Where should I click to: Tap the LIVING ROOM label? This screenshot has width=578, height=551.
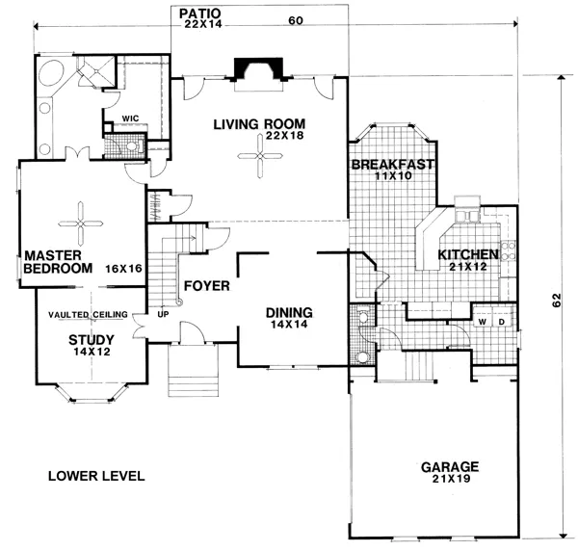point(259,124)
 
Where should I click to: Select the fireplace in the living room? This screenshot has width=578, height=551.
point(259,72)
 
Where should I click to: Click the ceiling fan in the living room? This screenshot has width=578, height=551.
point(259,156)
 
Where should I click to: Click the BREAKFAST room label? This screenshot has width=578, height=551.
point(393,165)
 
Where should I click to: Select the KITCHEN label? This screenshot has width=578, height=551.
point(468,254)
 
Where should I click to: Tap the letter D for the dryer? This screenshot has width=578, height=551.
point(502,320)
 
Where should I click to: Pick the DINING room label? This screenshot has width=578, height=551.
point(289,312)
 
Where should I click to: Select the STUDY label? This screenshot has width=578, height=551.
point(92,339)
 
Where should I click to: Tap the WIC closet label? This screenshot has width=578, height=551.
point(130,121)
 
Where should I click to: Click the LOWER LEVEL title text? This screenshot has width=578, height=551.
point(95,476)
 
